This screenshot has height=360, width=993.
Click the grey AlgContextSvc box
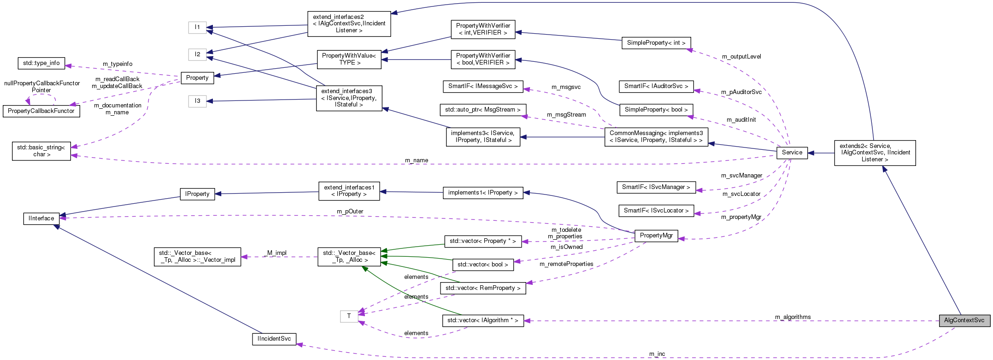point(964,320)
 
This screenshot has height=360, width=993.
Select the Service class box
point(792,153)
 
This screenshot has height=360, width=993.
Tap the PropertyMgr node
point(656,236)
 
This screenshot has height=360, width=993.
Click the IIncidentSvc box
point(274,339)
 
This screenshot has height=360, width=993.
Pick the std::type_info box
point(41,63)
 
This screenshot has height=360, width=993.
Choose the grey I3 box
point(197,101)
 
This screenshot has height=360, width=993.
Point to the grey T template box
point(349,316)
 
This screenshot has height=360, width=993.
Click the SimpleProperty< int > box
point(656,43)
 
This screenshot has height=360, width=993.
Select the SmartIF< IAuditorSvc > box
point(656,86)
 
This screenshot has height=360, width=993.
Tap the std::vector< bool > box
point(482,265)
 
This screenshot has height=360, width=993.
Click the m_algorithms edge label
point(793,317)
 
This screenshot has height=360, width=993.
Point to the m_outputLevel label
point(741,57)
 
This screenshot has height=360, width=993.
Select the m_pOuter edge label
point(350,212)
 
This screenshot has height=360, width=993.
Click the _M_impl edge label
point(276,253)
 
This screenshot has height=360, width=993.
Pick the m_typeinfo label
point(118,64)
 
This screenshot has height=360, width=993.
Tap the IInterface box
point(41,218)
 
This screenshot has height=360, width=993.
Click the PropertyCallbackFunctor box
point(41,111)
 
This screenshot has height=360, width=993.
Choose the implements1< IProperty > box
point(482,193)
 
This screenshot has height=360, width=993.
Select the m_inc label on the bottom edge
point(657,354)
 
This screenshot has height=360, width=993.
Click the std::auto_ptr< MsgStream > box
point(482,110)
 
